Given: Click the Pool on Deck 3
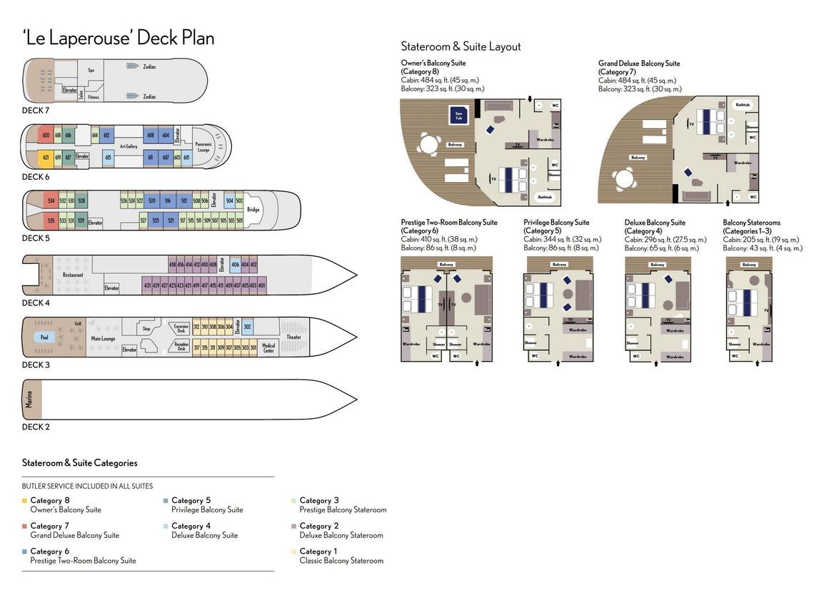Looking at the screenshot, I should (x=44, y=337).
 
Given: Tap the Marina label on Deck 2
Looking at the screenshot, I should (x=29, y=399).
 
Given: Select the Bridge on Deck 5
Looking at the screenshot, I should (x=253, y=210).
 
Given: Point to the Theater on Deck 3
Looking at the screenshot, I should (x=293, y=337).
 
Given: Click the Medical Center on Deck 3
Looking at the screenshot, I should (x=268, y=347).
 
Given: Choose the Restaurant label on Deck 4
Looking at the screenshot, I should (x=73, y=275).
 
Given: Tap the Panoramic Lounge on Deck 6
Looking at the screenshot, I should (x=203, y=147).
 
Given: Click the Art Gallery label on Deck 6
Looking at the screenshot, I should (x=128, y=146).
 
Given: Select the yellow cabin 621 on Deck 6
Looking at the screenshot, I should (x=45, y=157).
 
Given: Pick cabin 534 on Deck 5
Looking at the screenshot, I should (x=51, y=201).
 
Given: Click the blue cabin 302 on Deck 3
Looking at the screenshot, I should (x=247, y=327).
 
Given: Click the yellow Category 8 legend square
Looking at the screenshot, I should (x=24, y=501).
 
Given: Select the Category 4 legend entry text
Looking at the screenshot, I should (x=191, y=526).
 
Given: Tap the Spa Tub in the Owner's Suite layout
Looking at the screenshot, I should (x=458, y=114).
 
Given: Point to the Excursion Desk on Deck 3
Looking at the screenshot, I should (x=181, y=328).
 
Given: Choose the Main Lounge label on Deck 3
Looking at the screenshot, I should (x=104, y=338).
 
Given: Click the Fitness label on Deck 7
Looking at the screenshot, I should (x=94, y=97).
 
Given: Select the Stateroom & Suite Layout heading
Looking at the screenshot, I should (x=461, y=46).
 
